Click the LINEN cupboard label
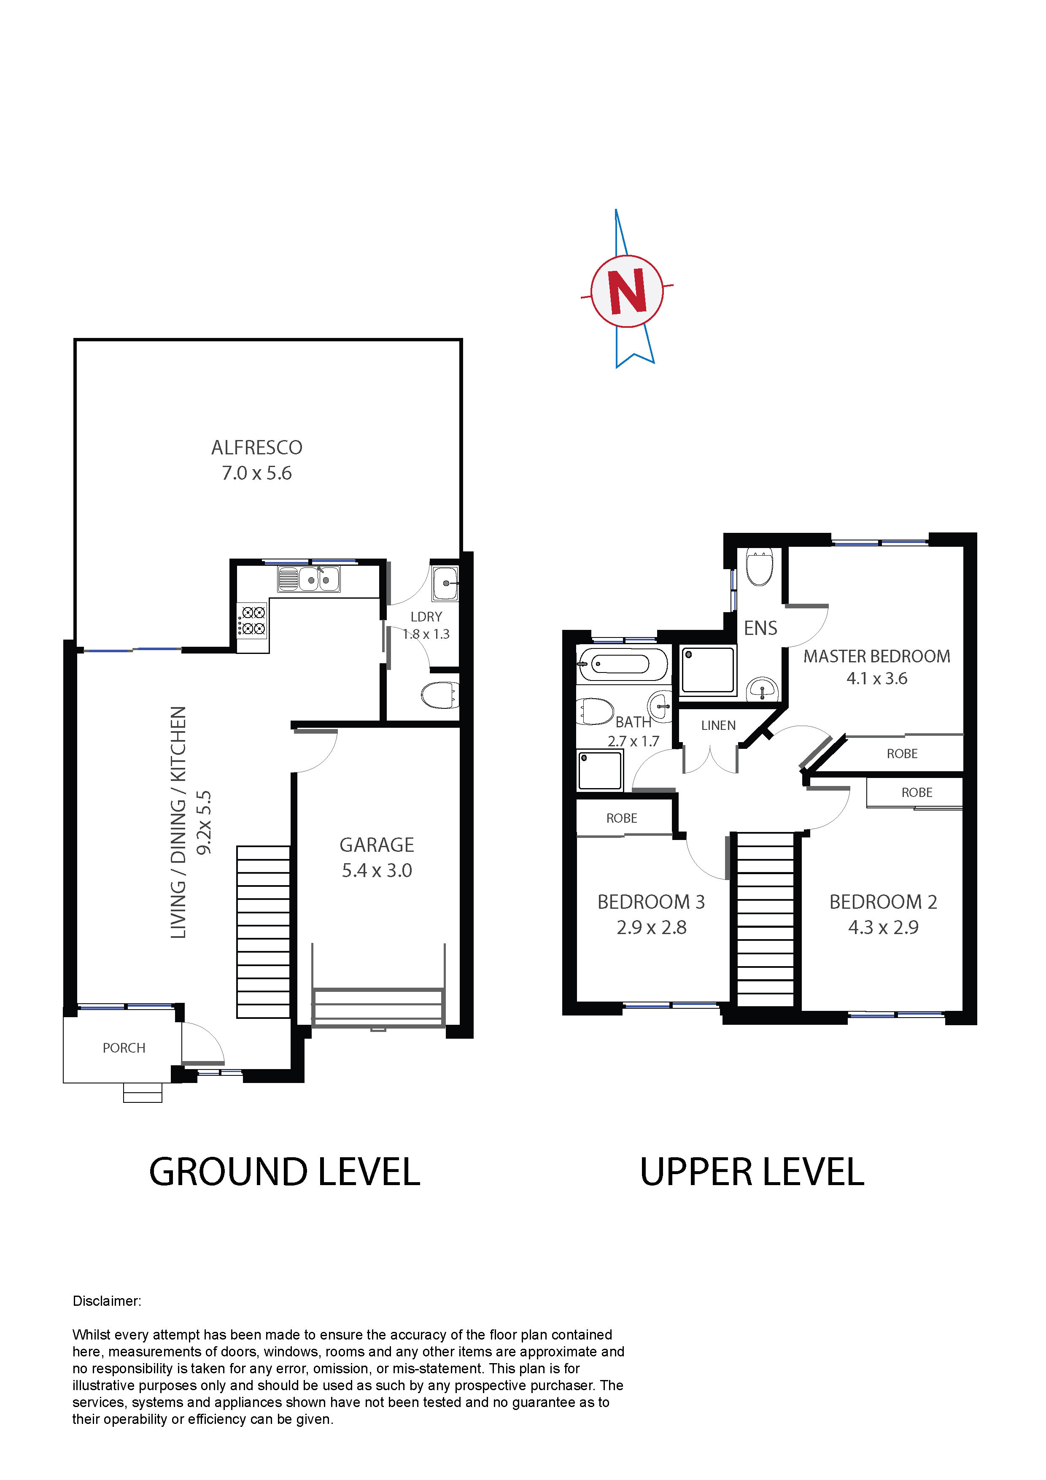tap(718, 725)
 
